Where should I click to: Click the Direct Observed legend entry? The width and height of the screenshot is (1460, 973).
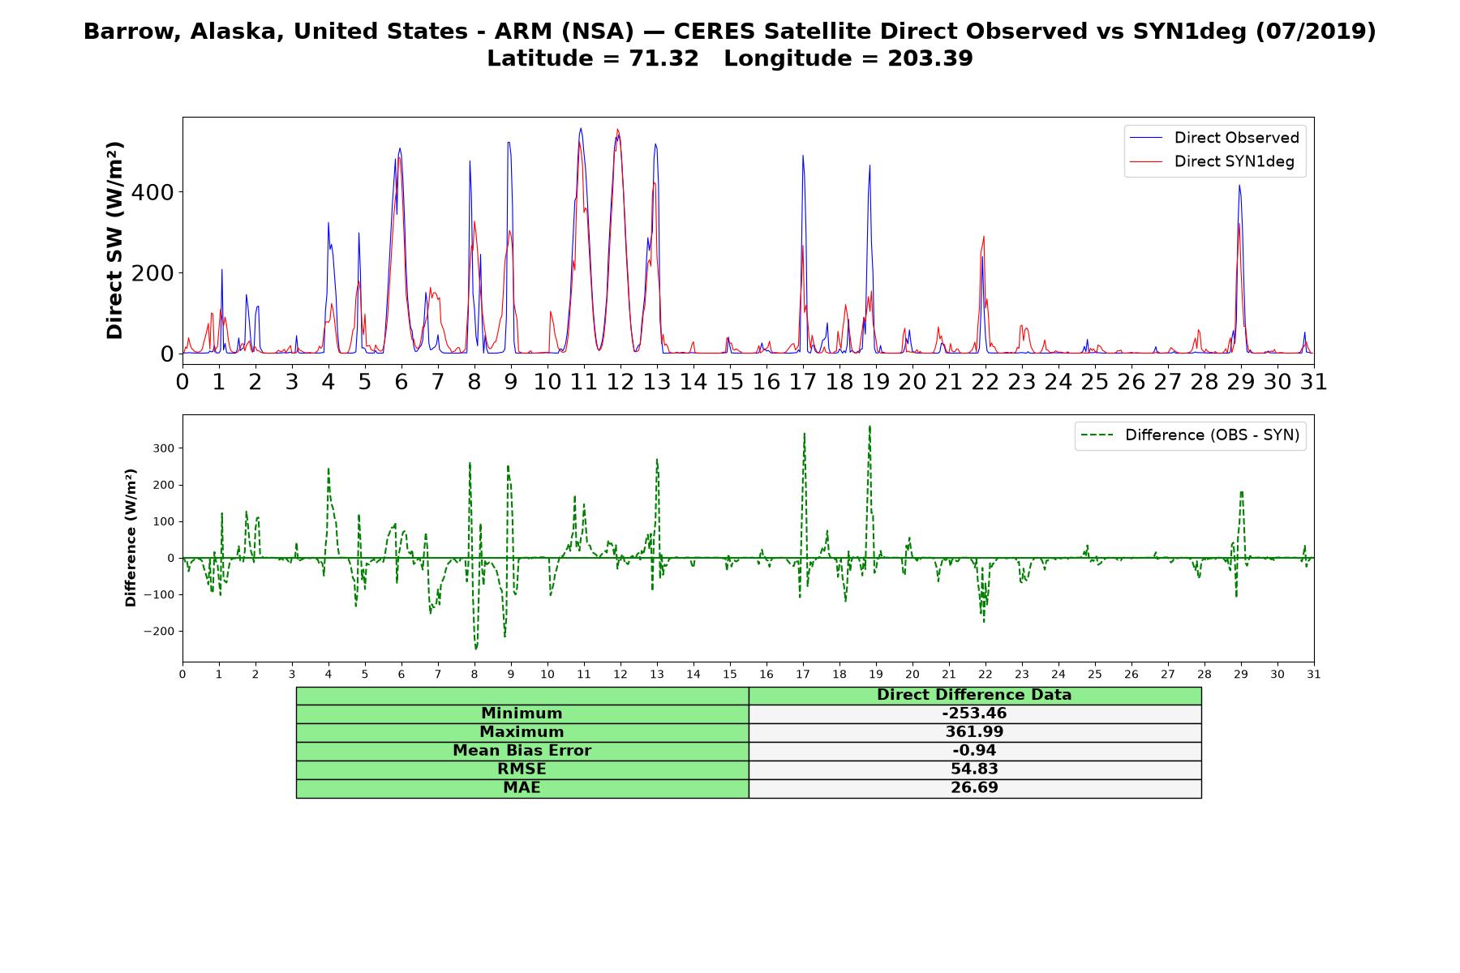point(1214,138)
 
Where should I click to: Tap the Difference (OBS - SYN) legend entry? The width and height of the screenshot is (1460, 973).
point(1190,435)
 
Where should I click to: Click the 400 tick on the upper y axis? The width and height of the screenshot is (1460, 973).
point(154,192)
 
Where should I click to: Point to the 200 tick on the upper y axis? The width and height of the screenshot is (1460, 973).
point(154,273)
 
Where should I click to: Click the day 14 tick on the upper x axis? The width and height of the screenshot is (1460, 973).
point(693,381)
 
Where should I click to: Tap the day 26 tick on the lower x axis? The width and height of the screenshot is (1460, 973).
point(1131,674)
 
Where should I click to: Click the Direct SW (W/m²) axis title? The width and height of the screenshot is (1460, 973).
point(114,240)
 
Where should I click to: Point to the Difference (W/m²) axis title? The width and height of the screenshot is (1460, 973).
point(131,538)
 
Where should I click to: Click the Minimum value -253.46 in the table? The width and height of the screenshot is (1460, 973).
point(974,714)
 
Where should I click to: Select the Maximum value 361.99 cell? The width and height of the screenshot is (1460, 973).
point(974,732)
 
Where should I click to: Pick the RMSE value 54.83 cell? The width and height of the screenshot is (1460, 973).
point(974,769)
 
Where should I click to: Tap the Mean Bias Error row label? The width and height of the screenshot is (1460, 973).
point(522,751)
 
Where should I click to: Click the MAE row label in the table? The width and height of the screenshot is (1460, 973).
point(522,788)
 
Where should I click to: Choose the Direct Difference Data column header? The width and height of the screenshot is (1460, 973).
point(974,695)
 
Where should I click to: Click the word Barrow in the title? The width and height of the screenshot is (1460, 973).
point(124,32)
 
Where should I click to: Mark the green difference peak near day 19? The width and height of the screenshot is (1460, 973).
point(870,426)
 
